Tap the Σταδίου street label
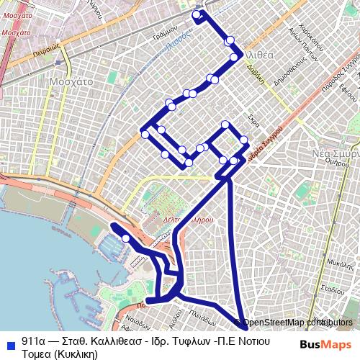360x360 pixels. point(332,289)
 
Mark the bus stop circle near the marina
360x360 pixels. point(126,238)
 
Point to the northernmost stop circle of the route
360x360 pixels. point(196,13)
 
